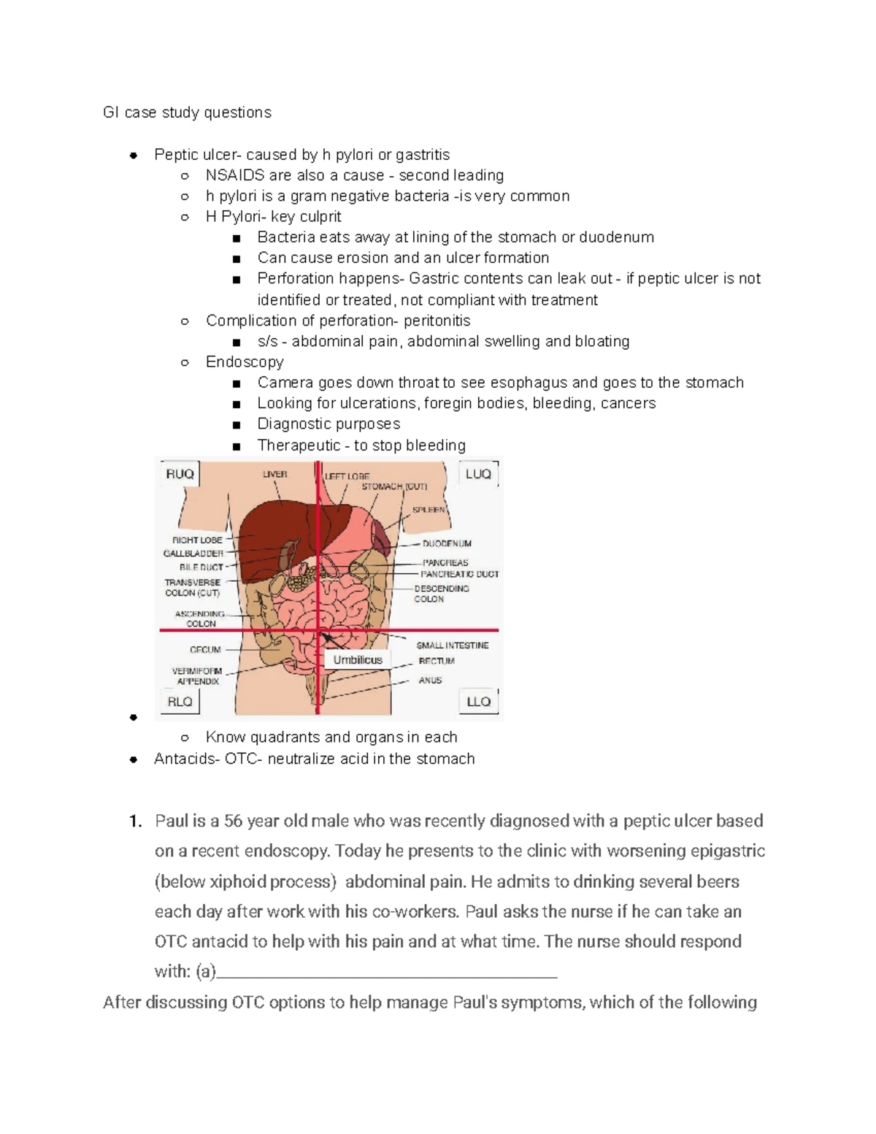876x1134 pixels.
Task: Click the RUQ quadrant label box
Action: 180,475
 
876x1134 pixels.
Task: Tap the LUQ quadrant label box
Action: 478,475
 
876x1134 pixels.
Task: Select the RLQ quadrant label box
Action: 180,702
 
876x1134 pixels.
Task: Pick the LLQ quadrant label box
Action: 478,702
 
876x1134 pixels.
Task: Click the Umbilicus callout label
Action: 358,660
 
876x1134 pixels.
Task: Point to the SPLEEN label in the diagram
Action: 429,510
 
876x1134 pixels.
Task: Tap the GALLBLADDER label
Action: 193,553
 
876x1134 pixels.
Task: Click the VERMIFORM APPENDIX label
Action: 196,676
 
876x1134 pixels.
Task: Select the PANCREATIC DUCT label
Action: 460,575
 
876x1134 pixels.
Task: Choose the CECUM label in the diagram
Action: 205,649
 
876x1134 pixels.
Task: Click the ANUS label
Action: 430,681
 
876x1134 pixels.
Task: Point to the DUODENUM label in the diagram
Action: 447,544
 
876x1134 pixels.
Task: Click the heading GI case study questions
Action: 187,112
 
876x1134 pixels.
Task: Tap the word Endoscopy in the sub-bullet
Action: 245,362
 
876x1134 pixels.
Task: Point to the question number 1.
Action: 134,821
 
